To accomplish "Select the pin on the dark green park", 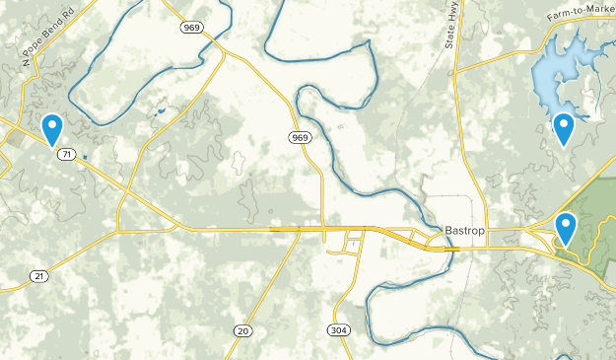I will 566,229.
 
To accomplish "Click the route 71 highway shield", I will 66,155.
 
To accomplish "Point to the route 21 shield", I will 37,275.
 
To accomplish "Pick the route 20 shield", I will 242,329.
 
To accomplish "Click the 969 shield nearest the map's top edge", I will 192,28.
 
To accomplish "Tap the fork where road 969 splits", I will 219,48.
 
